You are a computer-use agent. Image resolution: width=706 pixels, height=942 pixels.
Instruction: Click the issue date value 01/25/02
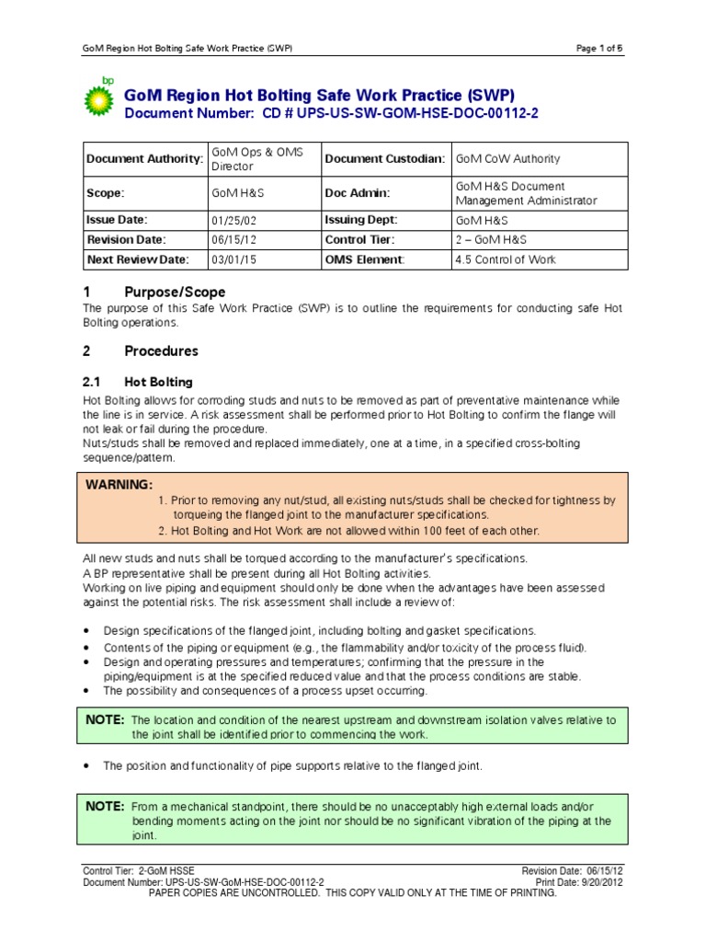[231, 221]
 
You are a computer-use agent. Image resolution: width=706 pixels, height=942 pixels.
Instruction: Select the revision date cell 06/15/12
[231, 240]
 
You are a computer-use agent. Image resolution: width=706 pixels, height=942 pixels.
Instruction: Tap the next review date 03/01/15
[231, 259]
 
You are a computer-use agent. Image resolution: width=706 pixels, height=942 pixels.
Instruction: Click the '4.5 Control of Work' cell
[506, 259]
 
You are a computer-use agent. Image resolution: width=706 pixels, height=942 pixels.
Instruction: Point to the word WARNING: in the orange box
[120, 485]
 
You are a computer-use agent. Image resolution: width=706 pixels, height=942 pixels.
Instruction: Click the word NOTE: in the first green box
[105, 719]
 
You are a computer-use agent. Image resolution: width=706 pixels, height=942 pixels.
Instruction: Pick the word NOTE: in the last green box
[105, 806]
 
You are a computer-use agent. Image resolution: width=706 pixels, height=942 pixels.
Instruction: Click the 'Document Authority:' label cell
[144, 159]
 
